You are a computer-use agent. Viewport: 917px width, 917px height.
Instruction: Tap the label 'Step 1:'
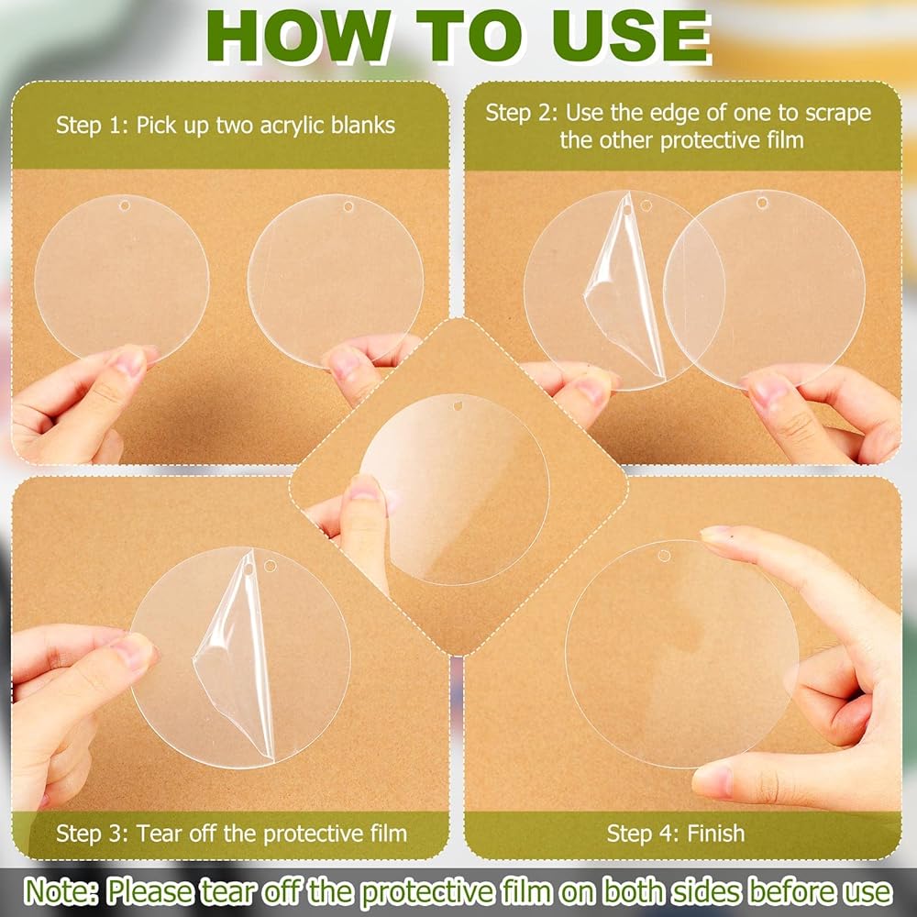(x=92, y=125)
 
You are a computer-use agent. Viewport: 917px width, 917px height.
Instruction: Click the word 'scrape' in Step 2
(x=838, y=114)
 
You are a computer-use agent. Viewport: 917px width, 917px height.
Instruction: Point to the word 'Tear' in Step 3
(x=160, y=834)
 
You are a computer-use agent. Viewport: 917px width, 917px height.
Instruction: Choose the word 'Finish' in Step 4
(x=716, y=834)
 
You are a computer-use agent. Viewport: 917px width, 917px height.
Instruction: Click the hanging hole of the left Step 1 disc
(x=124, y=205)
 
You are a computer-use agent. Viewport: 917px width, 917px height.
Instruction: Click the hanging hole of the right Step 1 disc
(x=348, y=206)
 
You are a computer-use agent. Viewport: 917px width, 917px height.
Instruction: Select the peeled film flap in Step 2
(x=624, y=286)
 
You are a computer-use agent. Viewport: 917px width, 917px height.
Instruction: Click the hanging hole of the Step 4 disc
(x=664, y=555)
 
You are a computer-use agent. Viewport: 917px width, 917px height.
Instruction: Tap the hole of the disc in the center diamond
(x=458, y=404)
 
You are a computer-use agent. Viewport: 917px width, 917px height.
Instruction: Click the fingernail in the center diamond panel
(x=365, y=488)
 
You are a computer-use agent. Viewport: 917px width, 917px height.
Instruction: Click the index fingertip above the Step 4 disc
(x=714, y=534)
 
